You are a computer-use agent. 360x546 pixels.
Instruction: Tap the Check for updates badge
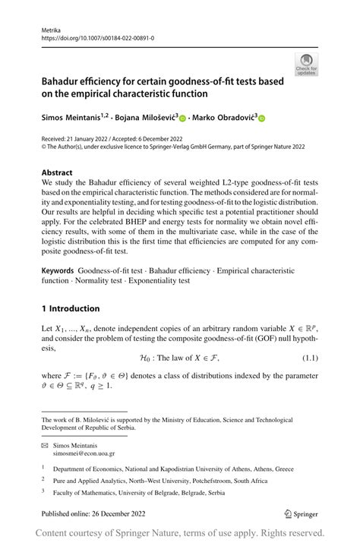[x=308, y=65]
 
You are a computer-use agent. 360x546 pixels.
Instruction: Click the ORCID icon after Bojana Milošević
[x=184, y=118]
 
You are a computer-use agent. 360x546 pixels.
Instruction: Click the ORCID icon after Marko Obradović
[x=262, y=118]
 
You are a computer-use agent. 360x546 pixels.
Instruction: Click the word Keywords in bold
[x=58, y=271]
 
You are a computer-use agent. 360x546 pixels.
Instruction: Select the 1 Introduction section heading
[x=71, y=308]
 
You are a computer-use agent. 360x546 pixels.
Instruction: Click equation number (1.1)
[x=308, y=355]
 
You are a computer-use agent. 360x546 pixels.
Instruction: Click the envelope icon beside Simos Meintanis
[x=45, y=444]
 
